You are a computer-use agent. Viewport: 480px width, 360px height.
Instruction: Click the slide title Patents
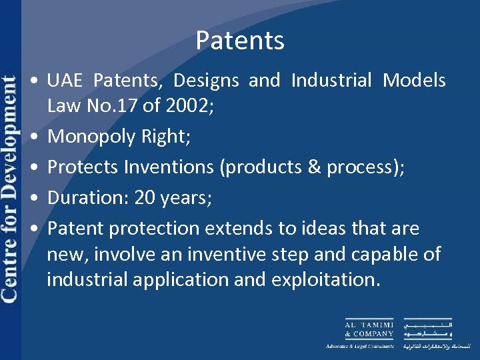[x=240, y=41]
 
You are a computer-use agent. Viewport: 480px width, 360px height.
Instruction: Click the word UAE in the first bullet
[x=65, y=81]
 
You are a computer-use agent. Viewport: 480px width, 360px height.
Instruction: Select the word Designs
[x=207, y=81]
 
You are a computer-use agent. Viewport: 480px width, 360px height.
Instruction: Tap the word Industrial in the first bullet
[x=331, y=81]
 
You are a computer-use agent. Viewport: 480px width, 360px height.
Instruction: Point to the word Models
[x=414, y=81]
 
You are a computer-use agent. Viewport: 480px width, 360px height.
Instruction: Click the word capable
[x=387, y=254]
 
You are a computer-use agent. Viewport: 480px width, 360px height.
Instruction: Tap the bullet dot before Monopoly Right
[x=33, y=137]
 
